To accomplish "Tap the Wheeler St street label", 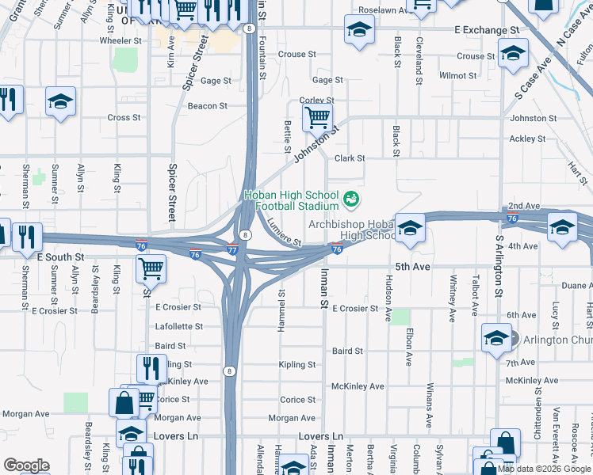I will click(120, 40).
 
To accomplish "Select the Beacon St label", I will click(207, 105).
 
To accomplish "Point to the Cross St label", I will click(124, 118).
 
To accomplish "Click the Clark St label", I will click(349, 158).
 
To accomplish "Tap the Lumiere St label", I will click(285, 232).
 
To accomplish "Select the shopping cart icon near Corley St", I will click(317, 117).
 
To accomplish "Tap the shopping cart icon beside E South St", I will click(151, 269).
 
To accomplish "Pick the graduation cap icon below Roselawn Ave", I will click(359, 31).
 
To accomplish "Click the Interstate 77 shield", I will click(232, 249).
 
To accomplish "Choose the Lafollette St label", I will click(180, 326).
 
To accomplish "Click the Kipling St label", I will click(297, 365).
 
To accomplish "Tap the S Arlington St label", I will click(499, 265).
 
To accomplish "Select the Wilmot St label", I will click(458, 76).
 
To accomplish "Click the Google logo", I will click(26, 465).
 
